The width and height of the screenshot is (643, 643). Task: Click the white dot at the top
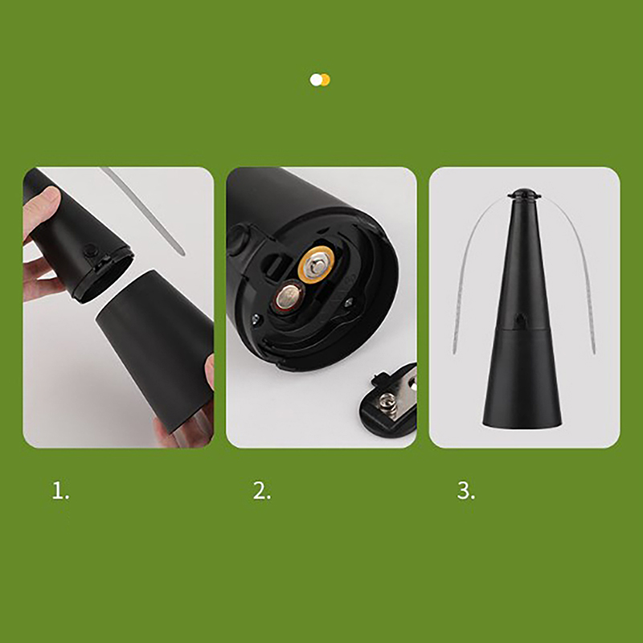(x=316, y=80)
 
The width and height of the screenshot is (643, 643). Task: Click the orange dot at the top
(x=326, y=80)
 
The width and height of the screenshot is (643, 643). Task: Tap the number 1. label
(x=60, y=491)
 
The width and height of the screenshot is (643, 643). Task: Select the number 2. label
(x=262, y=491)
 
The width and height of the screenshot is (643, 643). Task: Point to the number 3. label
(x=466, y=491)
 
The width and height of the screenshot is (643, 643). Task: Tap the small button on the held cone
(x=89, y=251)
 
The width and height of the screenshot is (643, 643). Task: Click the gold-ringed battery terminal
(x=315, y=264)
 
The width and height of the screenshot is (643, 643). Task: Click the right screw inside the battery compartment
(x=349, y=303)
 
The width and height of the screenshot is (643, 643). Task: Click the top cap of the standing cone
(x=524, y=193)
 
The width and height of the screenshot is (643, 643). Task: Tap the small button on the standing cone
(x=520, y=318)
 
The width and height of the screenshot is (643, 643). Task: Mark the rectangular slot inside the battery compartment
(x=276, y=266)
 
